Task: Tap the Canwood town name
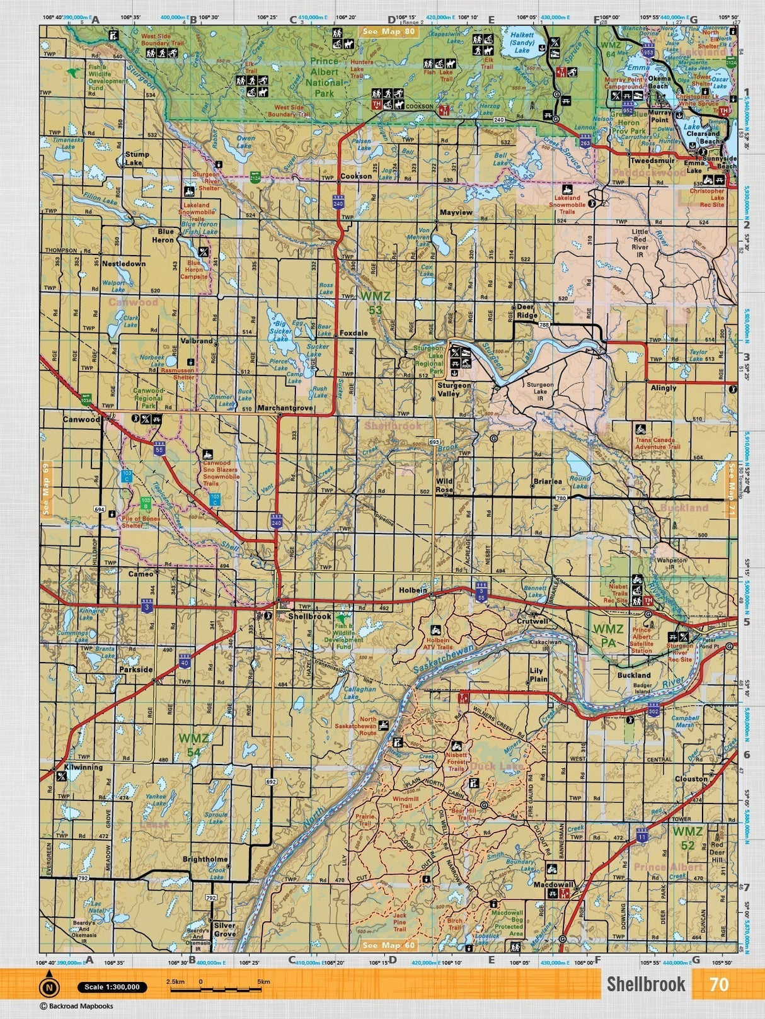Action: tap(81, 419)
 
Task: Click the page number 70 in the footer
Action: tap(718, 984)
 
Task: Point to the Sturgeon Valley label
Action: tap(454, 389)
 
